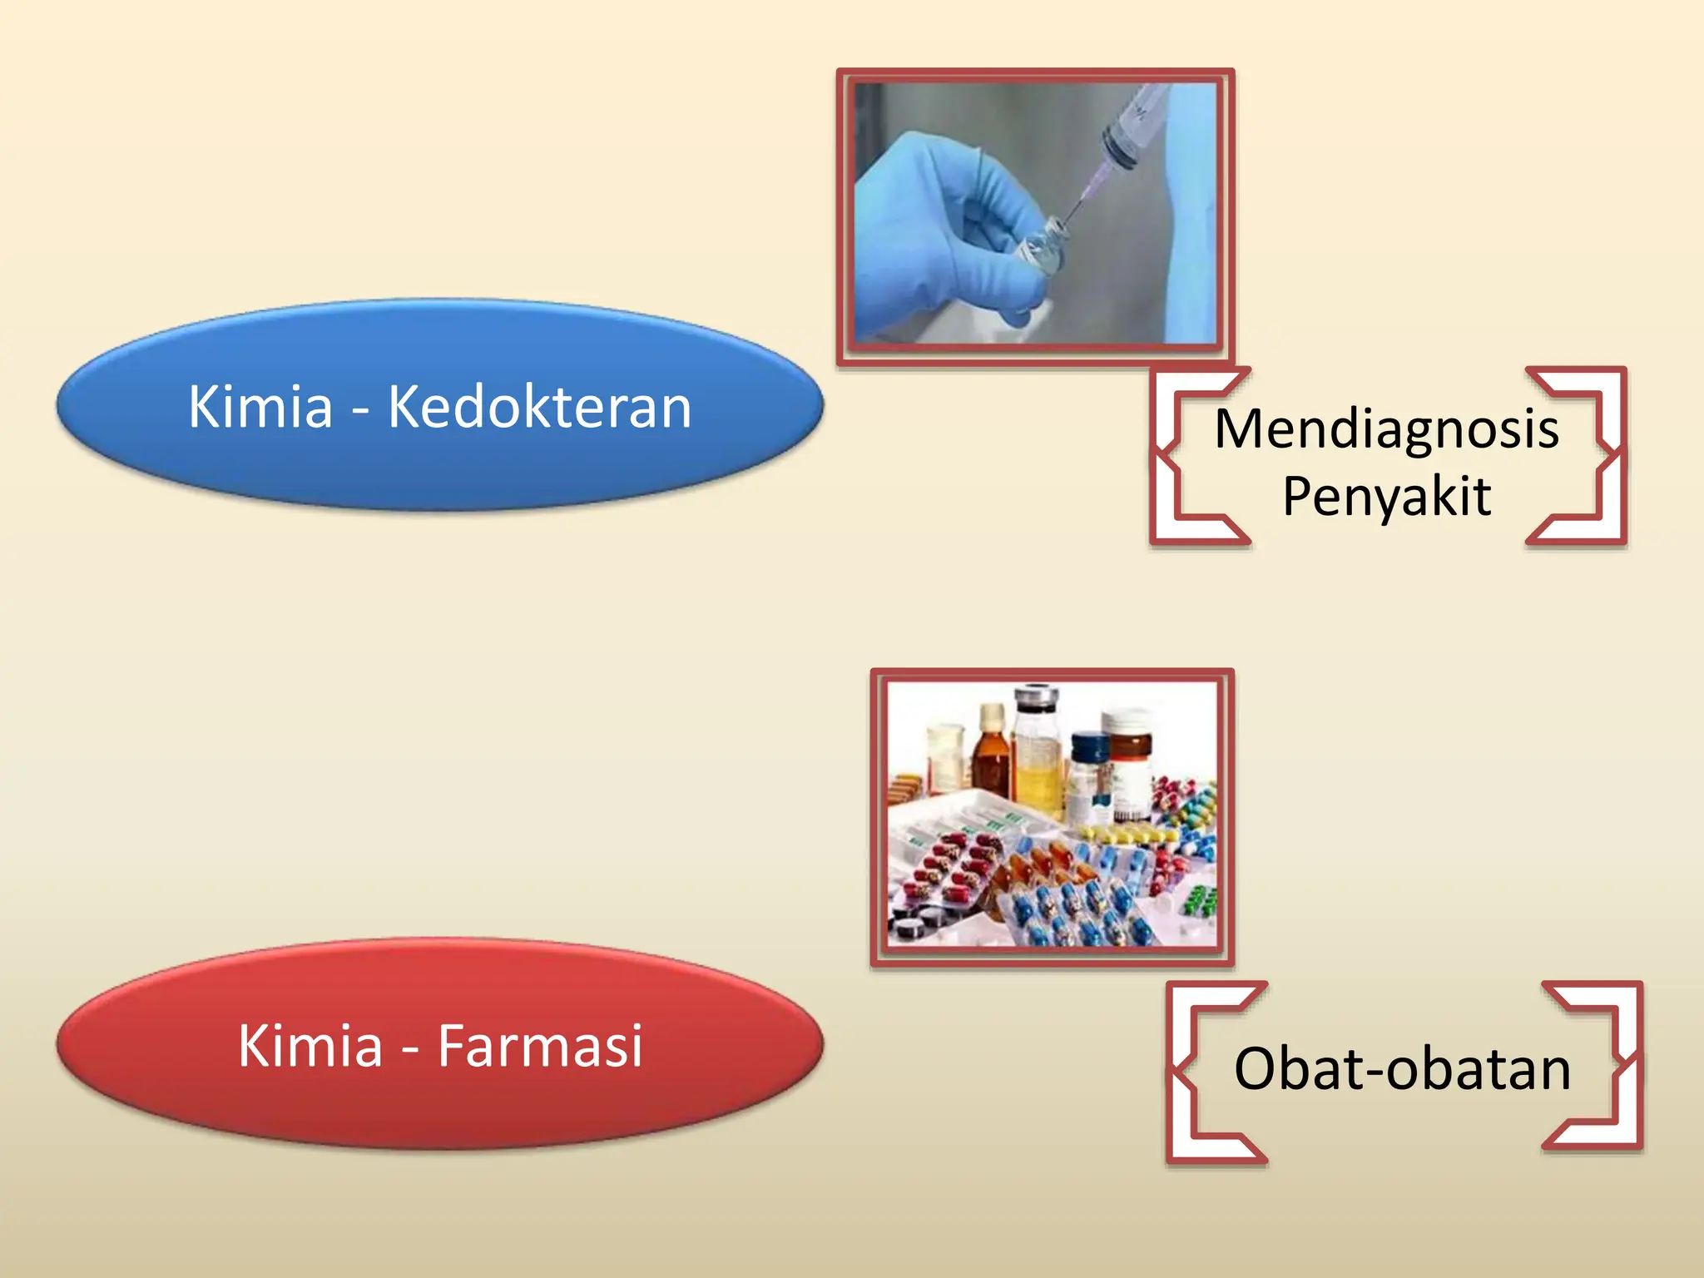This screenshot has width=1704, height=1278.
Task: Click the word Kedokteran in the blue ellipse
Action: (539, 407)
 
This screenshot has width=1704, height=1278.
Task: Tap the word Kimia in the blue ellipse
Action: (260, 407)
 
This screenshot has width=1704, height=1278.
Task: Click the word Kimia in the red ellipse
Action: (310, 1046)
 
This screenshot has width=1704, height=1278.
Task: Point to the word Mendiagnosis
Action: (1386, 429)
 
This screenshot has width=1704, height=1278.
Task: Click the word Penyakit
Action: (1386, 497)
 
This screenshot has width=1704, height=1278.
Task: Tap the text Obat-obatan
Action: (1402, 1068)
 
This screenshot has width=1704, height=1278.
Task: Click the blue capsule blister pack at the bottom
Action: (1073, 915)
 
